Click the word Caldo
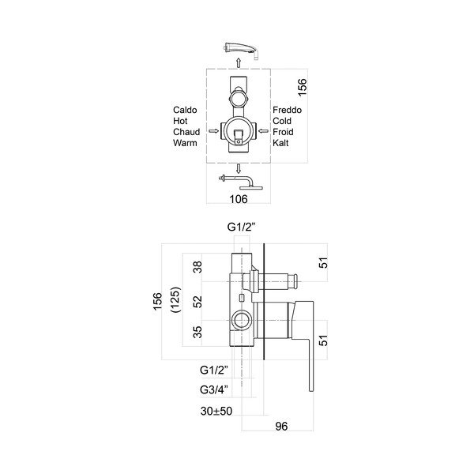(x=185, y=110)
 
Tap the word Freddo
(x=288, y=110)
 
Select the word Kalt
(x=280, y=143)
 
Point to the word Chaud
(x=186, y=132)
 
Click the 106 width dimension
(x=239, y=199)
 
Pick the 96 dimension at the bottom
(x=281, y=427)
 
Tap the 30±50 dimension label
(x=216, y=411)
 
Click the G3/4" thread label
(x=214, y=389)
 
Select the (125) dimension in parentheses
(x=176, y=300)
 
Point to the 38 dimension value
(x=197, y=267)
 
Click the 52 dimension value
(x=197, y=302)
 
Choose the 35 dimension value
(x=197, y=332)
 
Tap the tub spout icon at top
(x=241, y=51)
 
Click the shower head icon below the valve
(x=241, y=182)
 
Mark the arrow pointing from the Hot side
(x=214, y=131)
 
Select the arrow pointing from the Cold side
(x=263, y=131)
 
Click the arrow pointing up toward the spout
(x=239, y=62)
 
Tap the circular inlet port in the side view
(x=241, y=320)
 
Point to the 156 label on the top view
(x=302, y=88)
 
